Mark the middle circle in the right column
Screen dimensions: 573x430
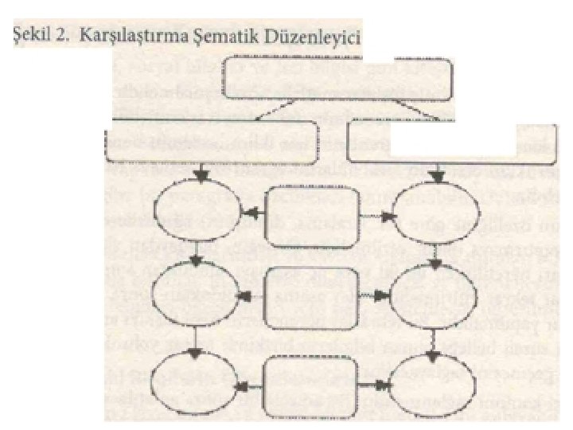[x=437, y=299]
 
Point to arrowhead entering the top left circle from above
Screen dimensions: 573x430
[x=201, y=174]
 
